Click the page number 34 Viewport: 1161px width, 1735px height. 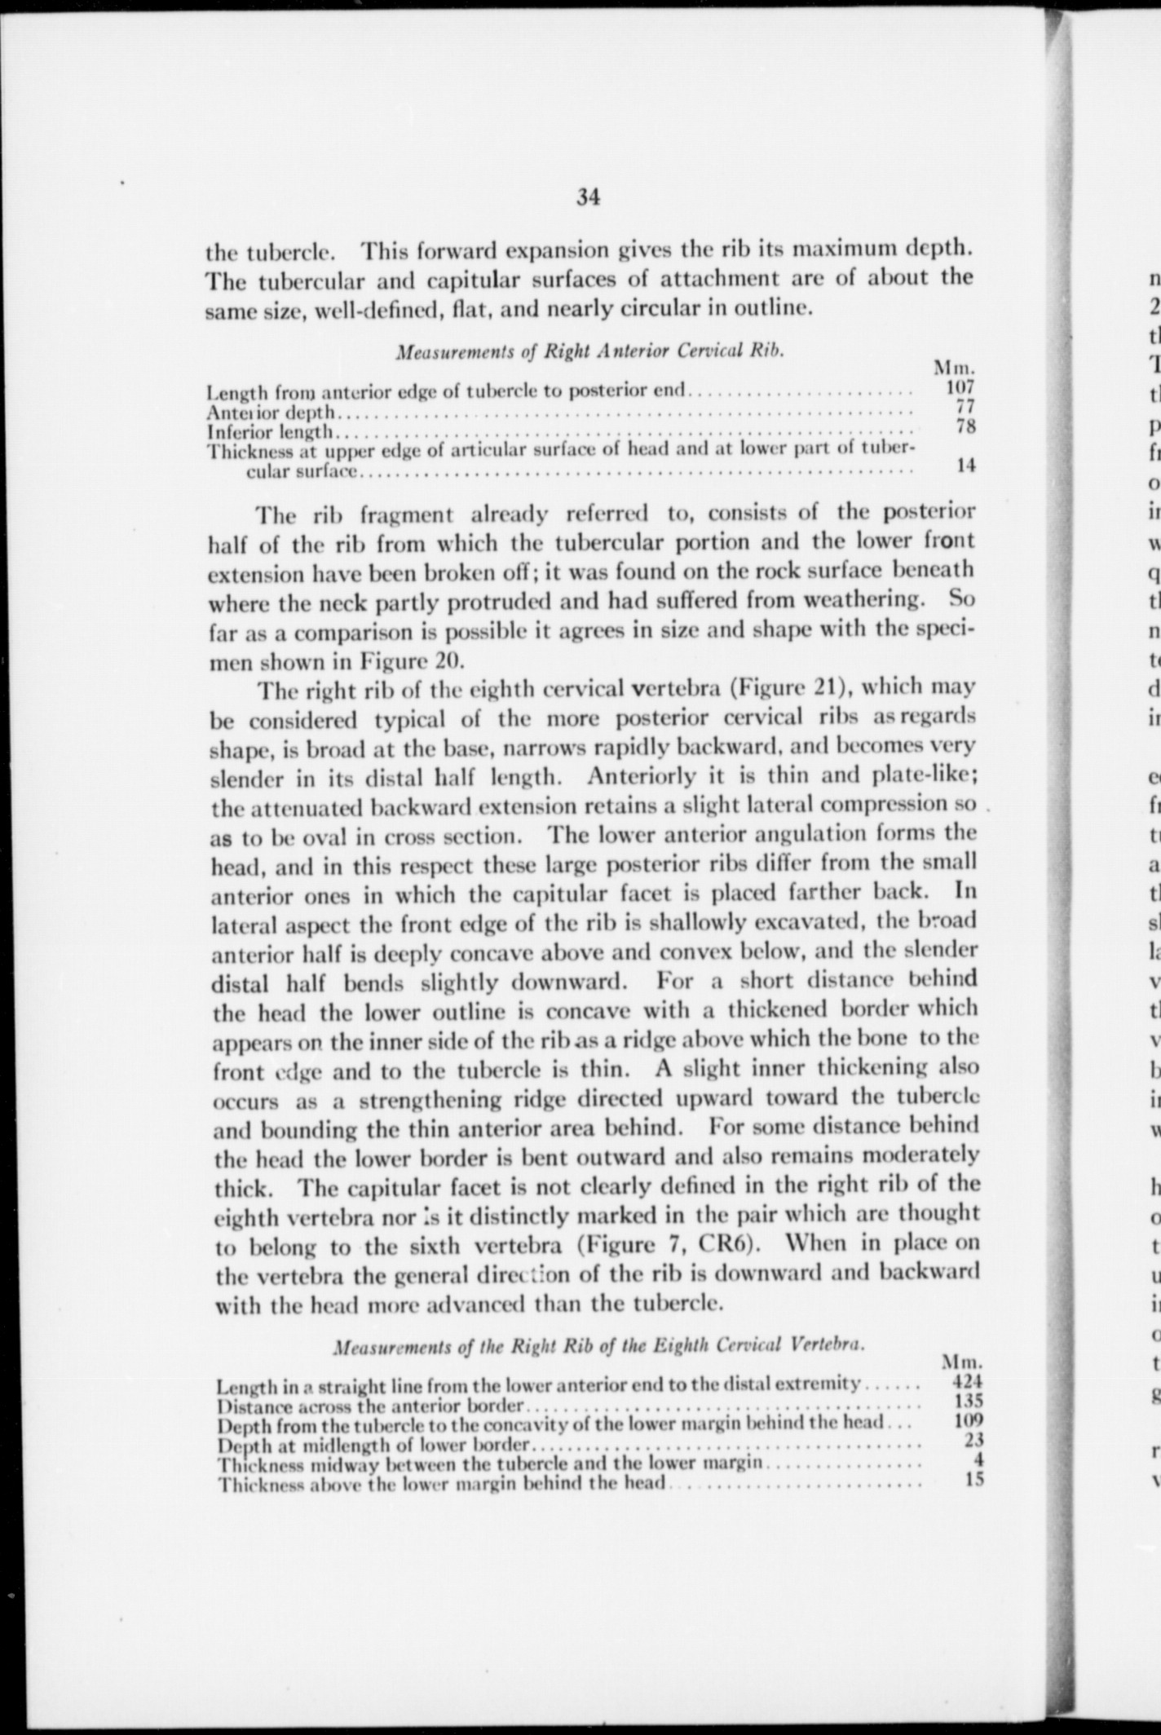click(x=587, y=197)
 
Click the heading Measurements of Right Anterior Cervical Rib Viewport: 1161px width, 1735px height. click(x=589, y=351)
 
